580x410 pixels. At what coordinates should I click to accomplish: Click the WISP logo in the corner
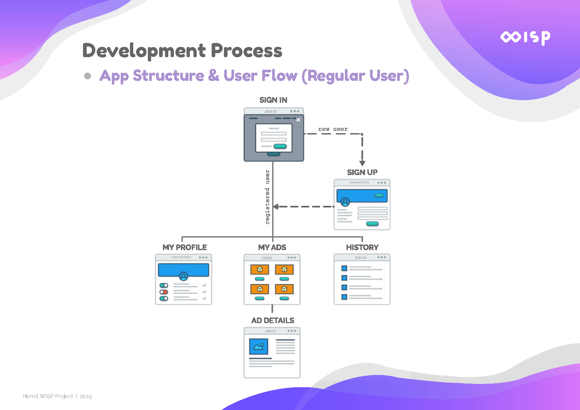click(525, 37)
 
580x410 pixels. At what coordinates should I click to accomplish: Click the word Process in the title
click(246, 51)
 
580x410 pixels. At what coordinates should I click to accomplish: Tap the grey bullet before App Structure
click(87, 76)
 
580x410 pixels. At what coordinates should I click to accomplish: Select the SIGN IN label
click(273, 100)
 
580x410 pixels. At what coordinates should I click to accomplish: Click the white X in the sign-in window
click(298, 120)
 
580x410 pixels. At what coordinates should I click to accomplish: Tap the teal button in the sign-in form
click(280, 146)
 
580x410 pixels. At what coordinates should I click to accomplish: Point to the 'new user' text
click(333, 129)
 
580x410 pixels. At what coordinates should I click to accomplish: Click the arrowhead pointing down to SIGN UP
click(362, 163)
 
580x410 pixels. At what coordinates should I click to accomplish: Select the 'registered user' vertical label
click(268, 197)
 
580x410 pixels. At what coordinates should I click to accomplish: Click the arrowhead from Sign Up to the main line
click(275, 206)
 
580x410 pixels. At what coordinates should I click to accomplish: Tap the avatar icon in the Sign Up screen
click(345, 202)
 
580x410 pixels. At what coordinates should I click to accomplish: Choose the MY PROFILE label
click(185, 247)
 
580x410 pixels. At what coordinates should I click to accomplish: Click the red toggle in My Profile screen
click(164, 292)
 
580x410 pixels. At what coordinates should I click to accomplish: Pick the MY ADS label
click(272, 247)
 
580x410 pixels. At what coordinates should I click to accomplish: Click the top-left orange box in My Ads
click(260, 270)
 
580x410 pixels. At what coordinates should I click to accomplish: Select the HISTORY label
click(362, 247)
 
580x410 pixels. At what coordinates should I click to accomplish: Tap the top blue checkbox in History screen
click(344, 268)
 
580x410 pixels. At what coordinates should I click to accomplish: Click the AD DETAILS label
click(272, 320)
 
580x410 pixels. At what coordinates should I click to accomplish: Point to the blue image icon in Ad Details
click(259, 346)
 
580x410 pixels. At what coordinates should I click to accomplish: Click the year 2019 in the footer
click(86, 396)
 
